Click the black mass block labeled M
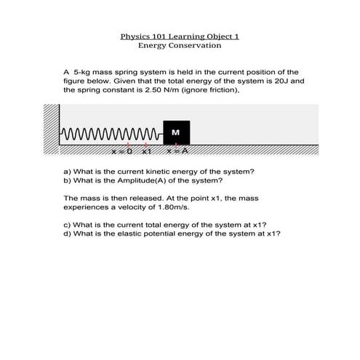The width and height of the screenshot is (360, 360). [x=176, y=132]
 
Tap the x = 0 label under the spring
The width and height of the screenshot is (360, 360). [x=121, y=151]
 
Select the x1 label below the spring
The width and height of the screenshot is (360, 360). [x=146, y=151]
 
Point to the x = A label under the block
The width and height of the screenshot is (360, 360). [x=177, y=151]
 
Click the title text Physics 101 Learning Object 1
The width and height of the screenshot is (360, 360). [x=180, y=35]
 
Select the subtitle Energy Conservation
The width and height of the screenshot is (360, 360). [x=180, y=45]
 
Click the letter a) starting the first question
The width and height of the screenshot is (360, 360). [x=68, y=171]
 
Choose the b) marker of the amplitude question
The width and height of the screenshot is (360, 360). [x=68, y=180]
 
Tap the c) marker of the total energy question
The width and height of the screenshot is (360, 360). [x=68, y=225]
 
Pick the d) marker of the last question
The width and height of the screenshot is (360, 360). [x=68, y=234]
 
